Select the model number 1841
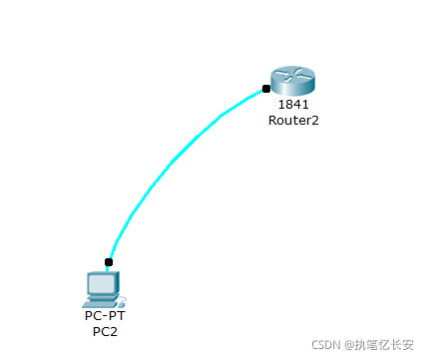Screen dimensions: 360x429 coord(293,104)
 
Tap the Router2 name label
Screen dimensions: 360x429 coord(293,120)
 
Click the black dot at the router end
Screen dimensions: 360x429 coord(265,89)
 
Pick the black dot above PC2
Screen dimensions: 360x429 coord(109,262)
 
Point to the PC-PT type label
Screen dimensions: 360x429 coord(105,315)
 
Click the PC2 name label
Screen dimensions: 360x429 coord(105,331)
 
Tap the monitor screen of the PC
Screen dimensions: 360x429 coord(102,284)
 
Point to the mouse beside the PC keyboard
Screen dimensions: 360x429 coord(121,299)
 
